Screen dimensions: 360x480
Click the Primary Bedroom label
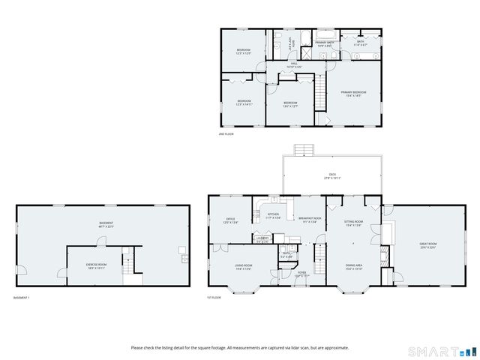[353, 93]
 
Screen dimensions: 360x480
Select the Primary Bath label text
[325, 43]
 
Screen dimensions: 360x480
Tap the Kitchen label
[274, 215]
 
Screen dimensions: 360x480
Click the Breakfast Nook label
[308, 219]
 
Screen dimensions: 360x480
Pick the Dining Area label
[354, 266]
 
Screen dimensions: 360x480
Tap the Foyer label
[301, 274]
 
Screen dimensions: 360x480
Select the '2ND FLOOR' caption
[226, 134]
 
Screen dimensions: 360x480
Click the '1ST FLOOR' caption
[214, 298]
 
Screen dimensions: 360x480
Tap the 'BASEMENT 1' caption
[22, 298]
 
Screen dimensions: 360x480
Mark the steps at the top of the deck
[302, 148]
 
